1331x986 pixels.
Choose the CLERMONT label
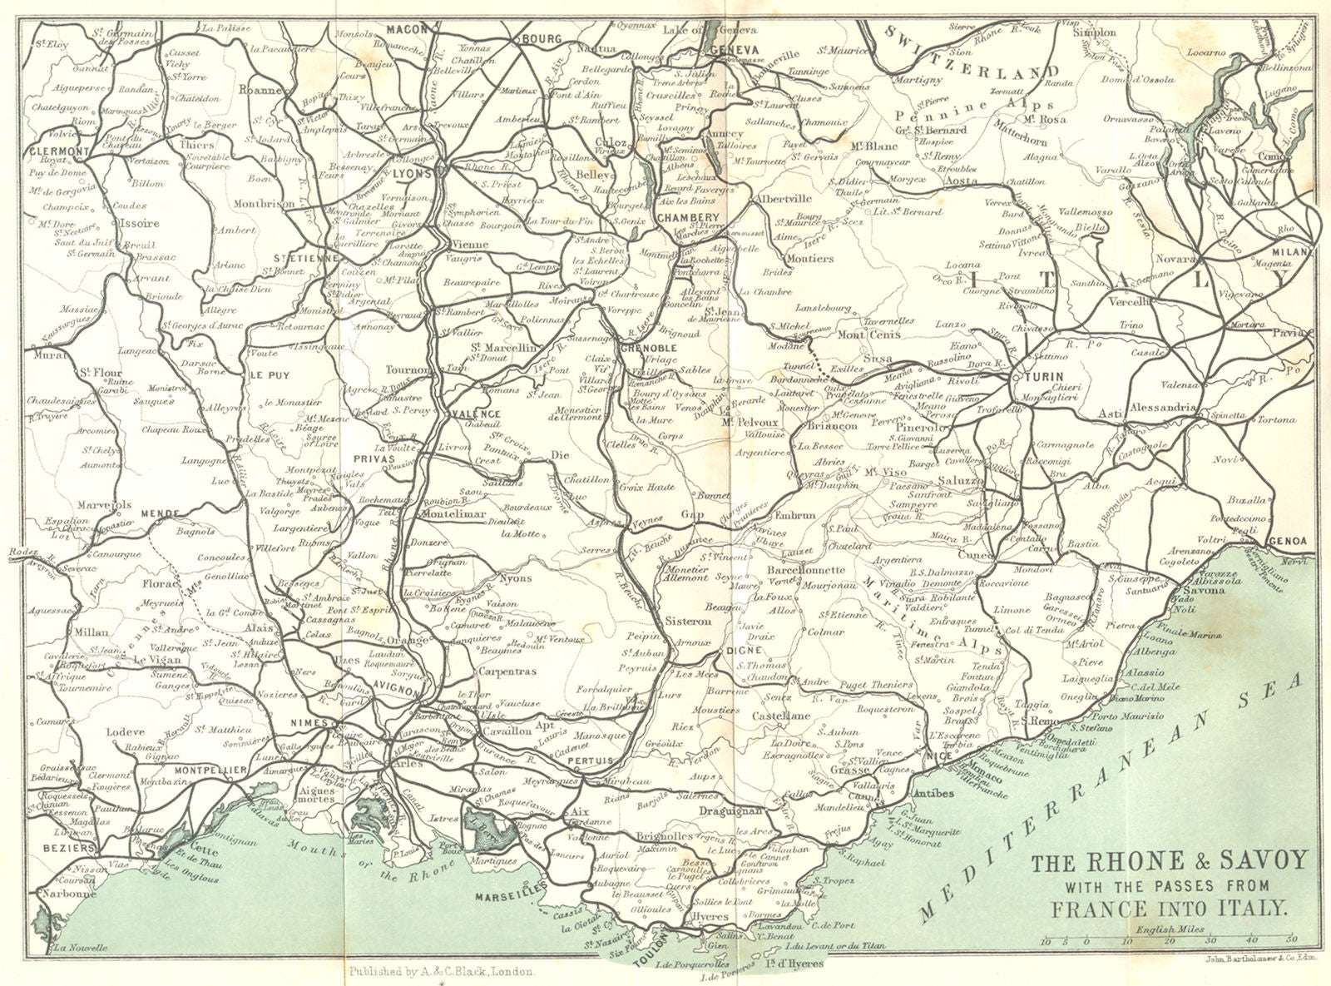click(x=58, y=151)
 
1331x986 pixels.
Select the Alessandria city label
click(x=1164, y=409)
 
